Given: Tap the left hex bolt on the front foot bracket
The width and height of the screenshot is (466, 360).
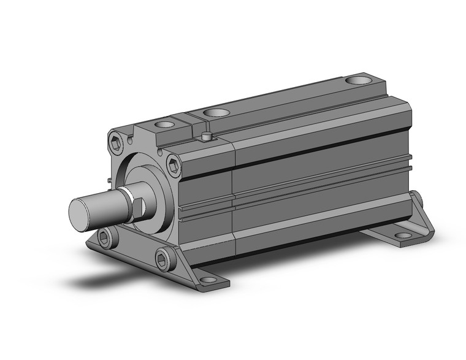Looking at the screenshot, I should click(107, 237).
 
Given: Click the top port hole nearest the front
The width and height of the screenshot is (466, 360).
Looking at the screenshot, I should click(165, 124).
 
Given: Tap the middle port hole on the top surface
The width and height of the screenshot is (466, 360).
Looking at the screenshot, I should click(214, 112).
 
